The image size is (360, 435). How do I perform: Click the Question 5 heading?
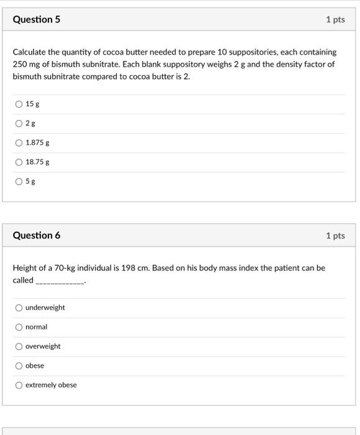(x=37, y=19)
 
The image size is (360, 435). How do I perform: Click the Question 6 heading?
(x=37, y=236)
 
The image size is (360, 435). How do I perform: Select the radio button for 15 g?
(x=19, y=104)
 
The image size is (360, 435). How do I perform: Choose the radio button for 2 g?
(x=19, y=124)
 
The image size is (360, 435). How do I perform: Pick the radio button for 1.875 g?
(x=19, y=143)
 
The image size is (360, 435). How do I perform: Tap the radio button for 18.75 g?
(x=19, y=162)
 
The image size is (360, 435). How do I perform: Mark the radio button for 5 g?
(x=19, y=181)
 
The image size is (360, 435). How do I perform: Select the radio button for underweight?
(x=19, y=308)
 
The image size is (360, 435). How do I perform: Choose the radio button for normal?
(x=19, y=327)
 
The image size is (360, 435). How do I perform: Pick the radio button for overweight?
(x=19, y=346)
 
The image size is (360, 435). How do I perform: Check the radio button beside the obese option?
(x=19, y=365)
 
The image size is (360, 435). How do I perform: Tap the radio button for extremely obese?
(x=19, y=385)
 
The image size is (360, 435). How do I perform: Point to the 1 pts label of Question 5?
(x=335, y=20)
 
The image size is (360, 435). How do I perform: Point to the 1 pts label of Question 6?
(x=335, y=236)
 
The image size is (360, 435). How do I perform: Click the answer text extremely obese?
(x=51, y=385)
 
